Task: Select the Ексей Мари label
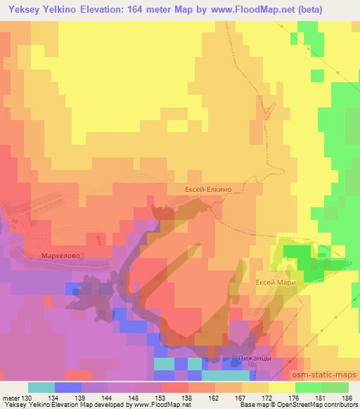[277, 282]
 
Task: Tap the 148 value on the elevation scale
[134, 398]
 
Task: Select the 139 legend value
[80, 398]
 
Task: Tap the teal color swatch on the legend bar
[41, 388]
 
